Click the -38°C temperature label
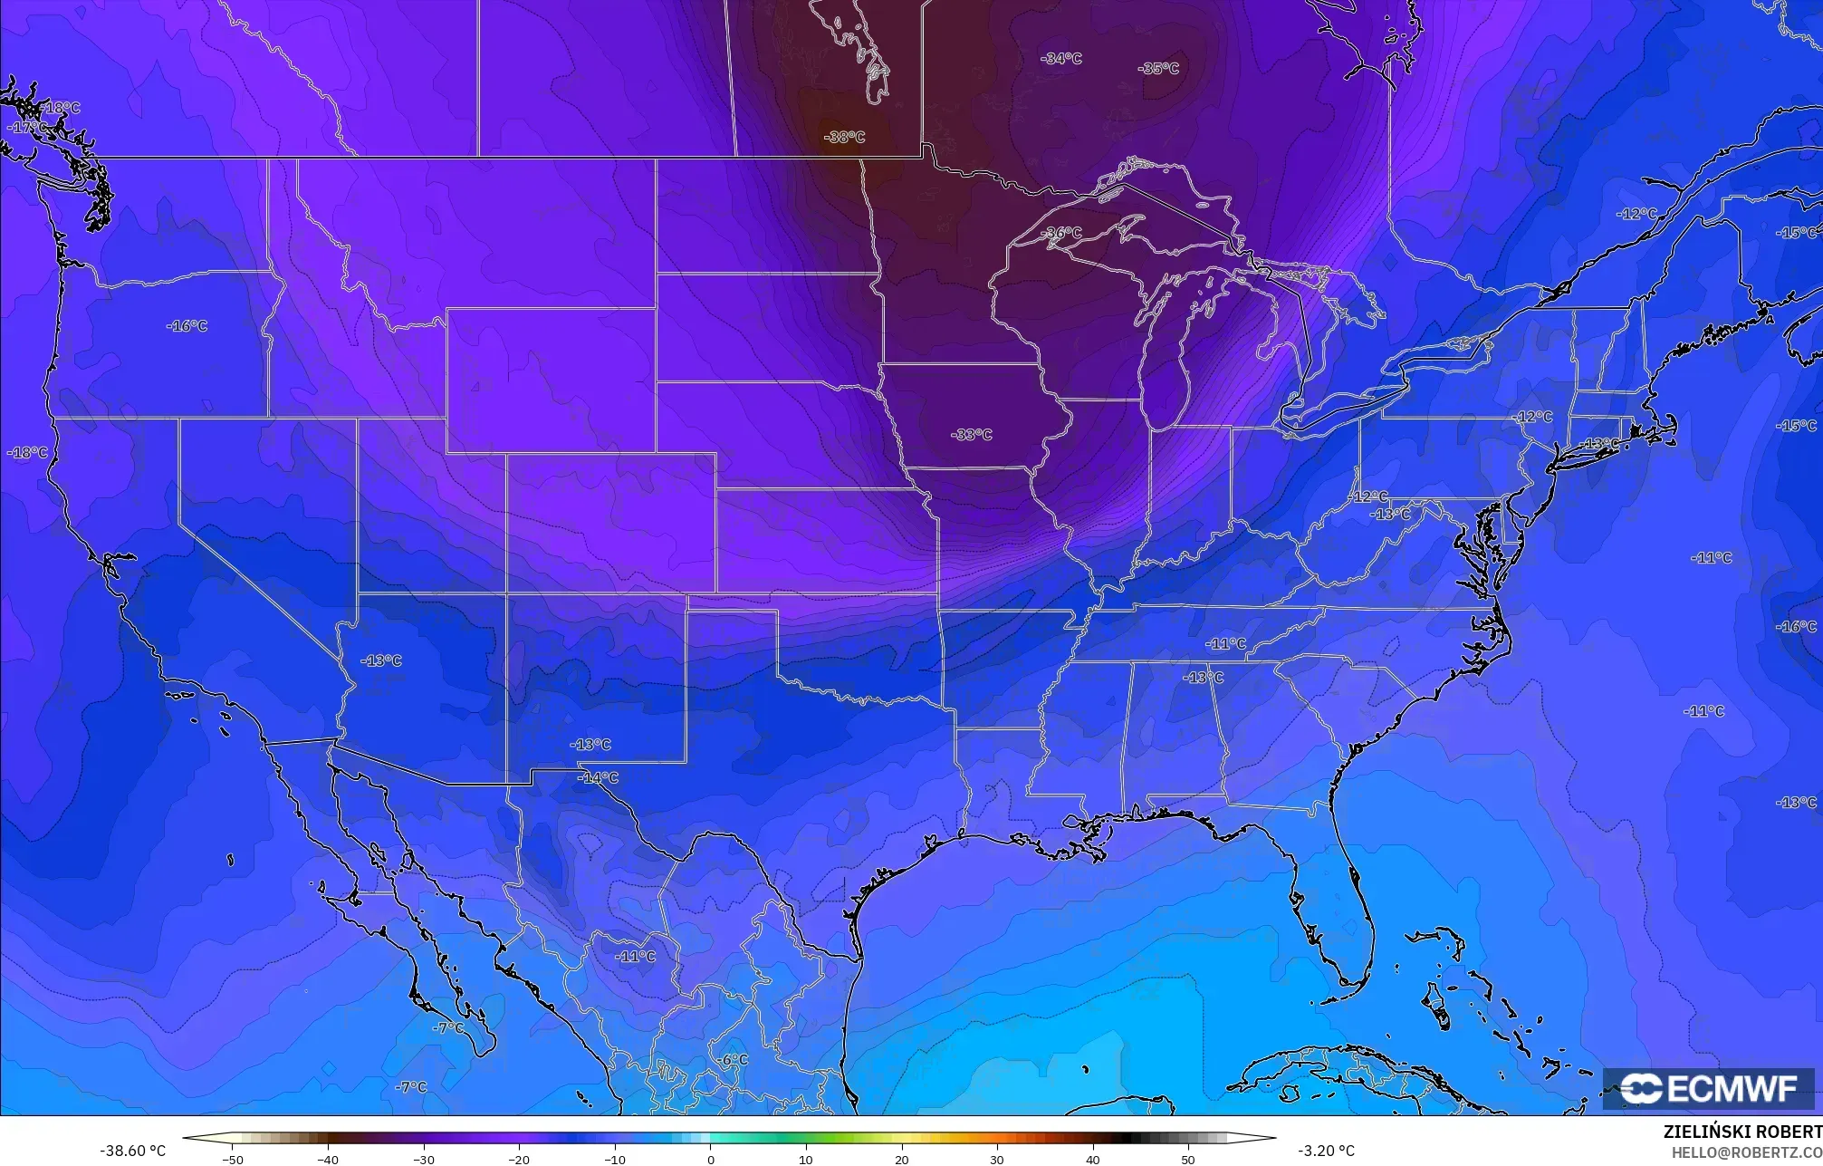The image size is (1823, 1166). coord(844,138)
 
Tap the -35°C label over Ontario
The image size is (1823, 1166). coord(1158,69)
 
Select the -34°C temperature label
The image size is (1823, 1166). coord(1061,59)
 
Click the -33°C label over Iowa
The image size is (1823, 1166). coord(971,435)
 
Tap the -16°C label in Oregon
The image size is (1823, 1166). coord(187,326)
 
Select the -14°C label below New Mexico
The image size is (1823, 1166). coord(598,778)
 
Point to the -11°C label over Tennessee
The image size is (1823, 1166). coord(1225,644)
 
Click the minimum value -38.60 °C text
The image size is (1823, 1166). coord(132,1151)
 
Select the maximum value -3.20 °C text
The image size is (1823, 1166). coord(1326,1151)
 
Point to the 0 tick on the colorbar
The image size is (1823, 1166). coord(710,1160)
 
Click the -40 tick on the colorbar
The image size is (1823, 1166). coord(328,1160)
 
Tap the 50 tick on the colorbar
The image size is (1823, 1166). coord(1188,1160)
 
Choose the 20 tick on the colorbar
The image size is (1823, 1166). coord(901,1160)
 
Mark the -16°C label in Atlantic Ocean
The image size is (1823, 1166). coord(1795,627)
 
